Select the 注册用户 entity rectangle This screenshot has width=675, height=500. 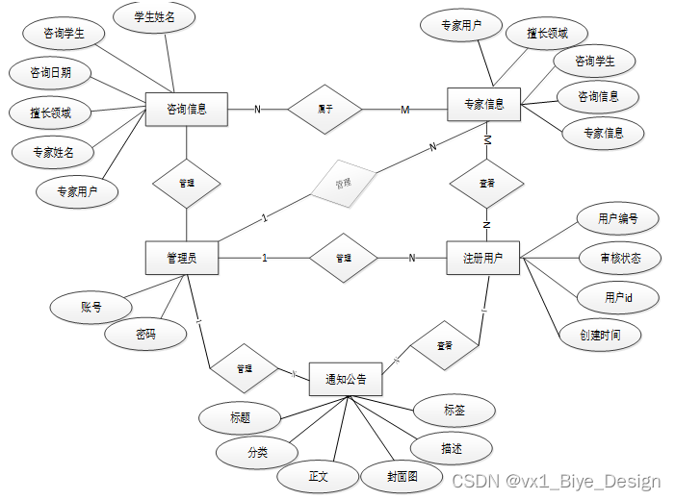click(483, 258)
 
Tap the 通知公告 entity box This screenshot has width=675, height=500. click(345, 379)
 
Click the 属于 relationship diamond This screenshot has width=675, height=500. click(325, 110)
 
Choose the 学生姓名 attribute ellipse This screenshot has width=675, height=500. click(155, 16)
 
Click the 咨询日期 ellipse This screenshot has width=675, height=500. click(50, 72)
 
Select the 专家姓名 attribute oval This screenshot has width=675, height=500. click(53, 151)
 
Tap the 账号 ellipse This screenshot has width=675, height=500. click(91, 308)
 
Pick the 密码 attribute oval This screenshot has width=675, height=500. click(145, 335)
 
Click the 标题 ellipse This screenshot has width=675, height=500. click(240, 417)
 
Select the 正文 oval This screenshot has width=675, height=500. click(319, 475)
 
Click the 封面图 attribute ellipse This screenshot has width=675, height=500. click(402, 475)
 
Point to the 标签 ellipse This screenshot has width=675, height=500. click(454, 410)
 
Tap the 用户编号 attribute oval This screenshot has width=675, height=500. click(617, 218)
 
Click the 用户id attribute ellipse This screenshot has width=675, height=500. click(617, 298)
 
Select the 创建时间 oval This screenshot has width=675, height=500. click(600, 335)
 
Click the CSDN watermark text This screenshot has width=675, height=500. click(557, 481)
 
